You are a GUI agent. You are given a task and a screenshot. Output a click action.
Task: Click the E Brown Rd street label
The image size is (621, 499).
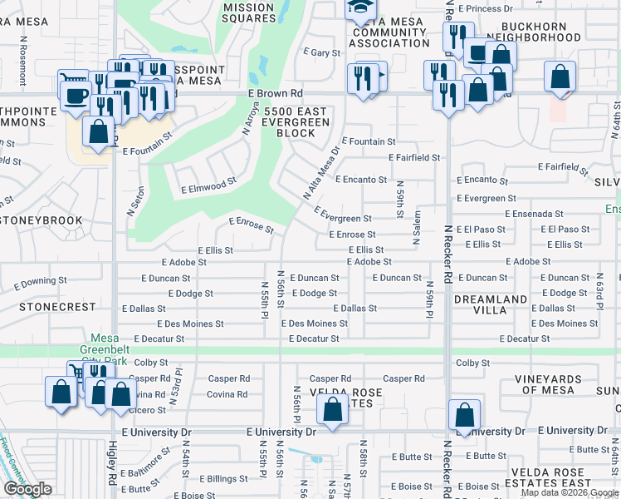275,94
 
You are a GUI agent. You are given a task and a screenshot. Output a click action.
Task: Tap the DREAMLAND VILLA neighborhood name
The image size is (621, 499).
490,304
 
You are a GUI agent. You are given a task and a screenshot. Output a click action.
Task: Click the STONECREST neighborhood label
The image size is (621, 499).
58,307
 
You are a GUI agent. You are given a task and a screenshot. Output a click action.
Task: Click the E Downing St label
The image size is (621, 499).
40,284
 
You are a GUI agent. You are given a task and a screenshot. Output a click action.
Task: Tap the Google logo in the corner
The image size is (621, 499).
27,489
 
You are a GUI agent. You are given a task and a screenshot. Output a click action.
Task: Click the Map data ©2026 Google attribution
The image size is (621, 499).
569,492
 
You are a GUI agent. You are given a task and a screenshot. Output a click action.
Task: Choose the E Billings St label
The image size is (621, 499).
208,479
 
